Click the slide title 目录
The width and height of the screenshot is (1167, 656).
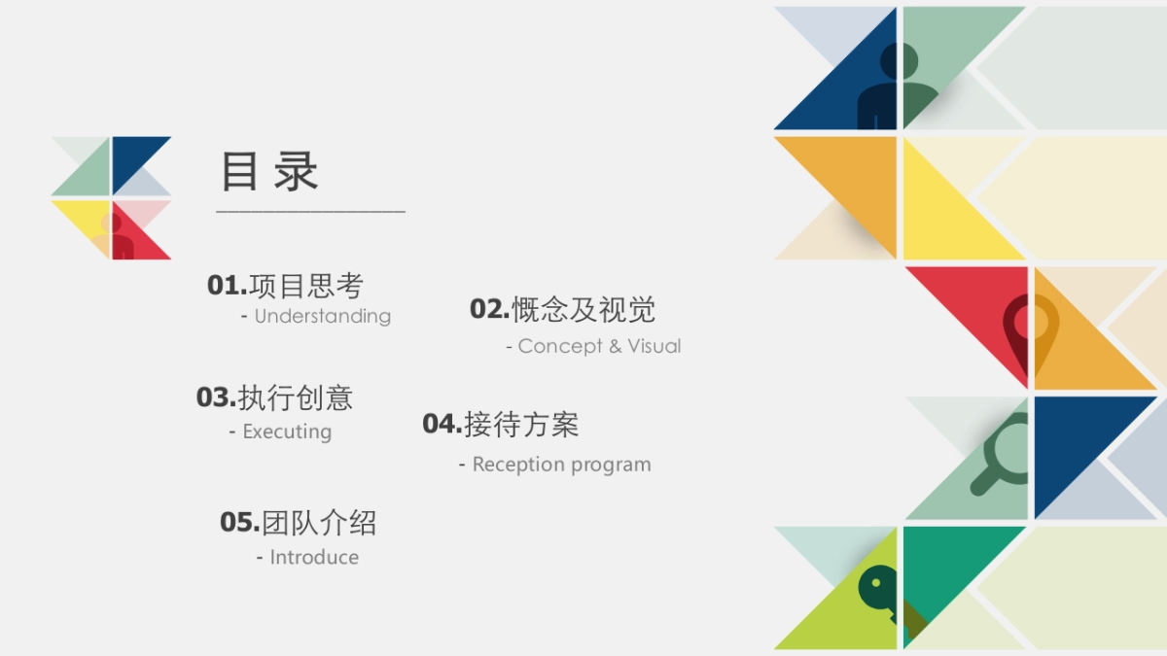pyautogui.click(x=269, y=172)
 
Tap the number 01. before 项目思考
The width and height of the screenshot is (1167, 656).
pyautogui.click(x=228, y=286)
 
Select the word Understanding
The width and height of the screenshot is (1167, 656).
pyautogui.click(x=322, y=316)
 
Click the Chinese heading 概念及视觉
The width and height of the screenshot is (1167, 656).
pyautogui.click(x=583, y=310)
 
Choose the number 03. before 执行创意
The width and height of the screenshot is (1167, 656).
pyautogui.click(x=216, y=397)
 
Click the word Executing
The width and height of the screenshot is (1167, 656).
pyautogui.click(x=287, y=432)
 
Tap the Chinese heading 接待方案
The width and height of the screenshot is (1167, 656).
pyautogui.click(x=521, y=424)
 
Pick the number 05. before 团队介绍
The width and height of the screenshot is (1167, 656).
pyautogui.click(x=239, y=523)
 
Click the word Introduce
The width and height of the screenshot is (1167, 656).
pyautogui.click(x=314, y=557)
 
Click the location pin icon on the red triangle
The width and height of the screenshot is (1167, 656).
pyautogui.click(x=1031, y=328)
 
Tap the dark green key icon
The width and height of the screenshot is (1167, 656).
pyautogui.click(x=879, y=590)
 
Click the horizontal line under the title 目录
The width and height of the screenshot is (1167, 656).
pyautogui.click(x=310, y=211)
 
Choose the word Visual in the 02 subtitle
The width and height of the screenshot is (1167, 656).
pyautogui.click(x=654, y=346)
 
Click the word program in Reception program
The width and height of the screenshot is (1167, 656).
pyautogui.click(x=612, y=465)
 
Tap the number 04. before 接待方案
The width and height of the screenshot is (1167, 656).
pyautogui.click(x=442, y=424)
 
